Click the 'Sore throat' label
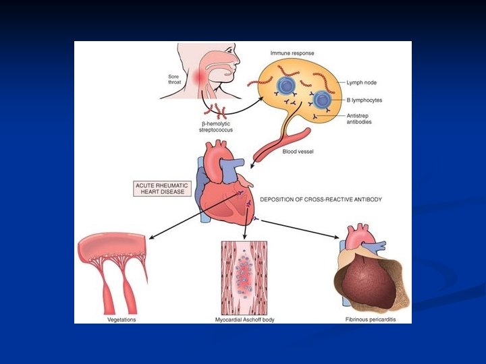(174, 80)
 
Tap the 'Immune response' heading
(292, 53)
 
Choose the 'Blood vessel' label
(298, 151)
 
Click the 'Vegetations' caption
(122, 319)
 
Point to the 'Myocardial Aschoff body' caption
(244, 319)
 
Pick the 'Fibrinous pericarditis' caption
(369, 319)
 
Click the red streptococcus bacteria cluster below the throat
(217, 109)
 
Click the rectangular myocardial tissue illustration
(244, 277)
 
